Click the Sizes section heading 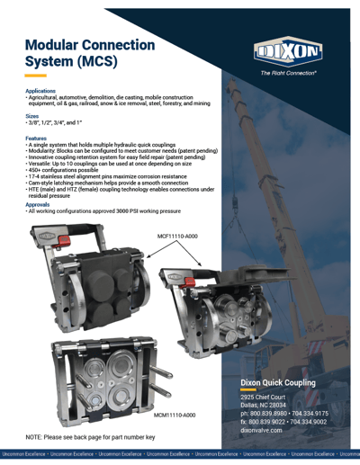point(32,116)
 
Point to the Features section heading point(37,138)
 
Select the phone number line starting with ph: point(284,414)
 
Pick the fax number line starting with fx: point(284,422)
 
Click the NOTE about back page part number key point(90,435)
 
